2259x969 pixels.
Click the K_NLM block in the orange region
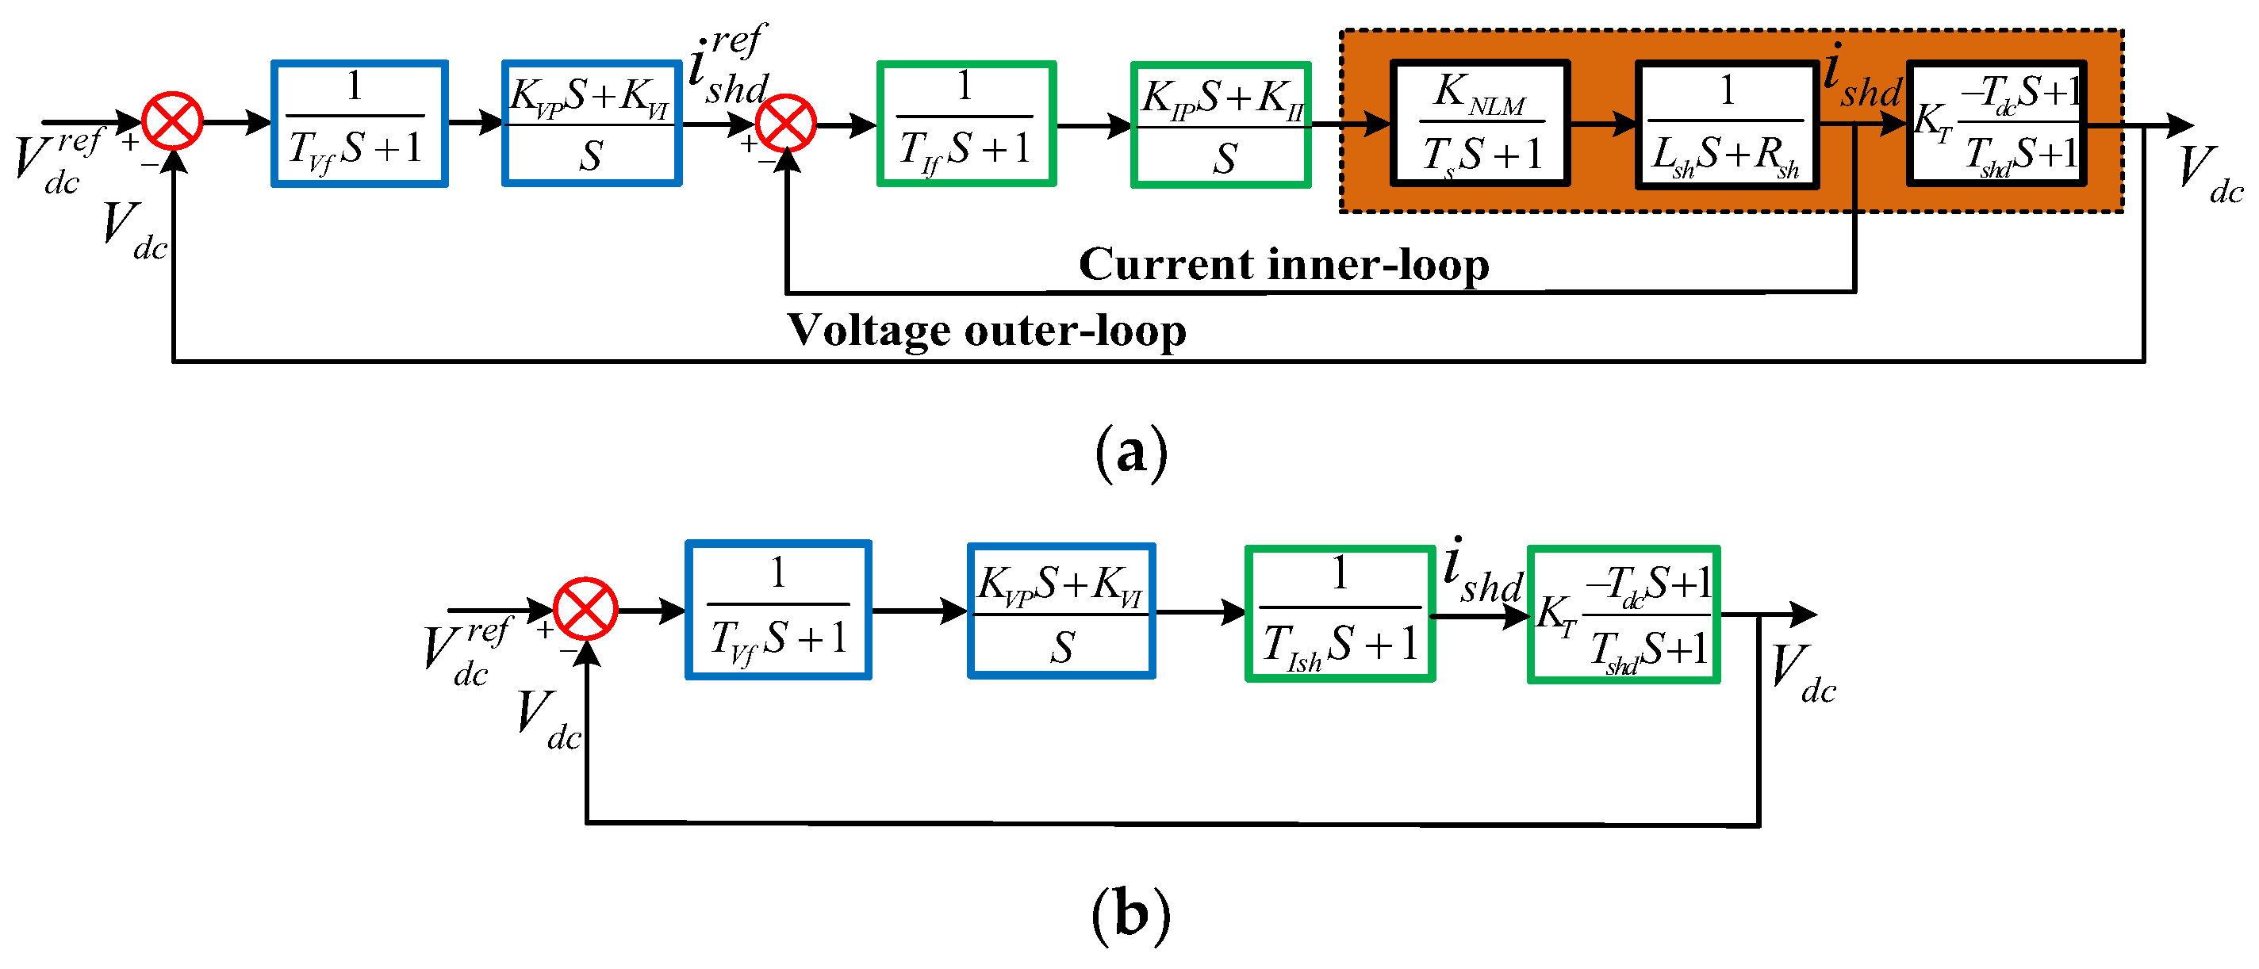click(1479, 124)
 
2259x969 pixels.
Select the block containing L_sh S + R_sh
click(1726, 124)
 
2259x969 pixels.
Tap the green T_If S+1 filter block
click(965, 124)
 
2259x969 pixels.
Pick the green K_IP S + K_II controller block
click(1221, 124)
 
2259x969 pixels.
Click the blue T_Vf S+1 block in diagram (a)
click(359, 124)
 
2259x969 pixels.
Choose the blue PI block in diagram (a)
click(592, 123)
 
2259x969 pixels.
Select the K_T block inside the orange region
click(1996, 124)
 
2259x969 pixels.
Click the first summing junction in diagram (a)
click(173, 121)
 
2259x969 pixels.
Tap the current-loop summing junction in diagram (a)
click(787, 124)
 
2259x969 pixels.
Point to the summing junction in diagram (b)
click(586, 608)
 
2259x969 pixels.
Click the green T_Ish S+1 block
click(1340, 614)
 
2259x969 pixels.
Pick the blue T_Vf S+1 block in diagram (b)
click(779, 610)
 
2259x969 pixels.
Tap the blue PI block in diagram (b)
click(1061, 611)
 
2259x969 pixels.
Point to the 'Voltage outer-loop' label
click(987, 331)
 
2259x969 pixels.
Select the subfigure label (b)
click(1131, 913)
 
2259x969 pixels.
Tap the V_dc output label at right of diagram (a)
click(2210, 175)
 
